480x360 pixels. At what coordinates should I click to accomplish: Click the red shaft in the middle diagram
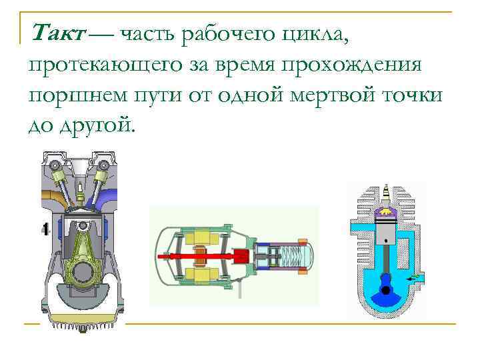pyautogui.click(x=200, y=255)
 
